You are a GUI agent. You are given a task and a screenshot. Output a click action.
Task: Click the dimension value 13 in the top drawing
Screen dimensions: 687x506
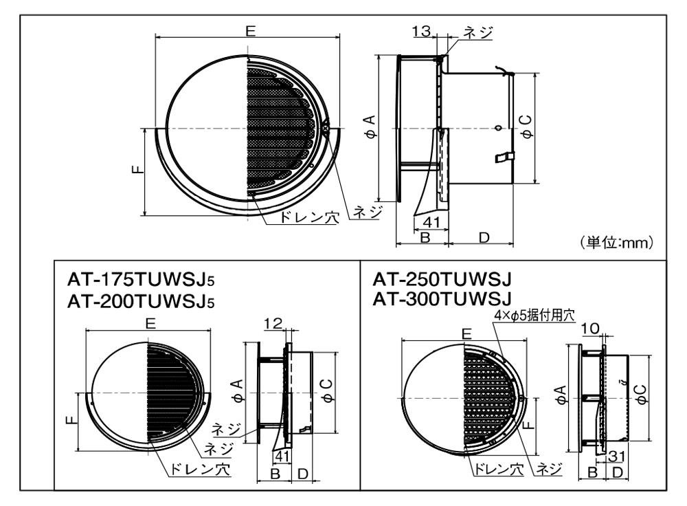click(x=422, y=31)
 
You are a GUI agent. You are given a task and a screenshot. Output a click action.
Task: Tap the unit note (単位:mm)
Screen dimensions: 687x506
click(x=617, y=242)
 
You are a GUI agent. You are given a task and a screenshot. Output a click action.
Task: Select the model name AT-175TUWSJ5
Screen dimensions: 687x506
click(x=141, y=279)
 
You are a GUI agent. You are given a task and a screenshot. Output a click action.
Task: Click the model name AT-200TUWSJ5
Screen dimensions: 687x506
click(x=141, y=301)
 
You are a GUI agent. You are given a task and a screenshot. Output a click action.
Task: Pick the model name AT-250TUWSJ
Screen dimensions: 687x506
click(x=442, y=278)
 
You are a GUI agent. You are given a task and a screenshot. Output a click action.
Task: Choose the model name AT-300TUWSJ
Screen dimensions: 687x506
click(x=442, y=298)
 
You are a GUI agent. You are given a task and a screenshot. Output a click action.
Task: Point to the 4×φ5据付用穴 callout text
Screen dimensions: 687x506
click(x=534, y=315)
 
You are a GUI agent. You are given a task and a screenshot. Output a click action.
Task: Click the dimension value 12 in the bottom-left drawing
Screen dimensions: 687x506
click(x=273, y=324)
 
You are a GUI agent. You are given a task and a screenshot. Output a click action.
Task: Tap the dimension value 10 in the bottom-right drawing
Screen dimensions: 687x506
click(x=590, y=328)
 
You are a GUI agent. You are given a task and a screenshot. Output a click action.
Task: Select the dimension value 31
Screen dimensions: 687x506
click(x=616, y=456)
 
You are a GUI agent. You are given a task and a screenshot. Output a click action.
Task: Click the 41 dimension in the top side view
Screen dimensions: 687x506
click(x=431, y=222)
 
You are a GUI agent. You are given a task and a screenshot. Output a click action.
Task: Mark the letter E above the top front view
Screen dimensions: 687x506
click(x=250, y=31)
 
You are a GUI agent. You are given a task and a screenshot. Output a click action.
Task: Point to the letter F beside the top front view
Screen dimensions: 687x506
click(x=137, y=169)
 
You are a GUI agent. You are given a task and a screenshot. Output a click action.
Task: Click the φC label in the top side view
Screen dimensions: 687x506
click(x=528, y=126)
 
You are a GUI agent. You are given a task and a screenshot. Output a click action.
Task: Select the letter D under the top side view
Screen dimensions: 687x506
click(x=484, y=237)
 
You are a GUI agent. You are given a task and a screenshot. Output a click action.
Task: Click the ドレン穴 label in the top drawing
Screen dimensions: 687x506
click(x=309, y=217)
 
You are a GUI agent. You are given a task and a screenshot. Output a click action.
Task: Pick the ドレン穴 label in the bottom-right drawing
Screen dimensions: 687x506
click(x=497, y=470)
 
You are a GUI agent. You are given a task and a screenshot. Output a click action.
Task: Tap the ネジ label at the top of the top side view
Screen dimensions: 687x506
click(x=478, y=32)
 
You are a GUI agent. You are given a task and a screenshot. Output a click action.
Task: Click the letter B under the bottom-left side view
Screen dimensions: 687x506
click(x=275, y=474)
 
